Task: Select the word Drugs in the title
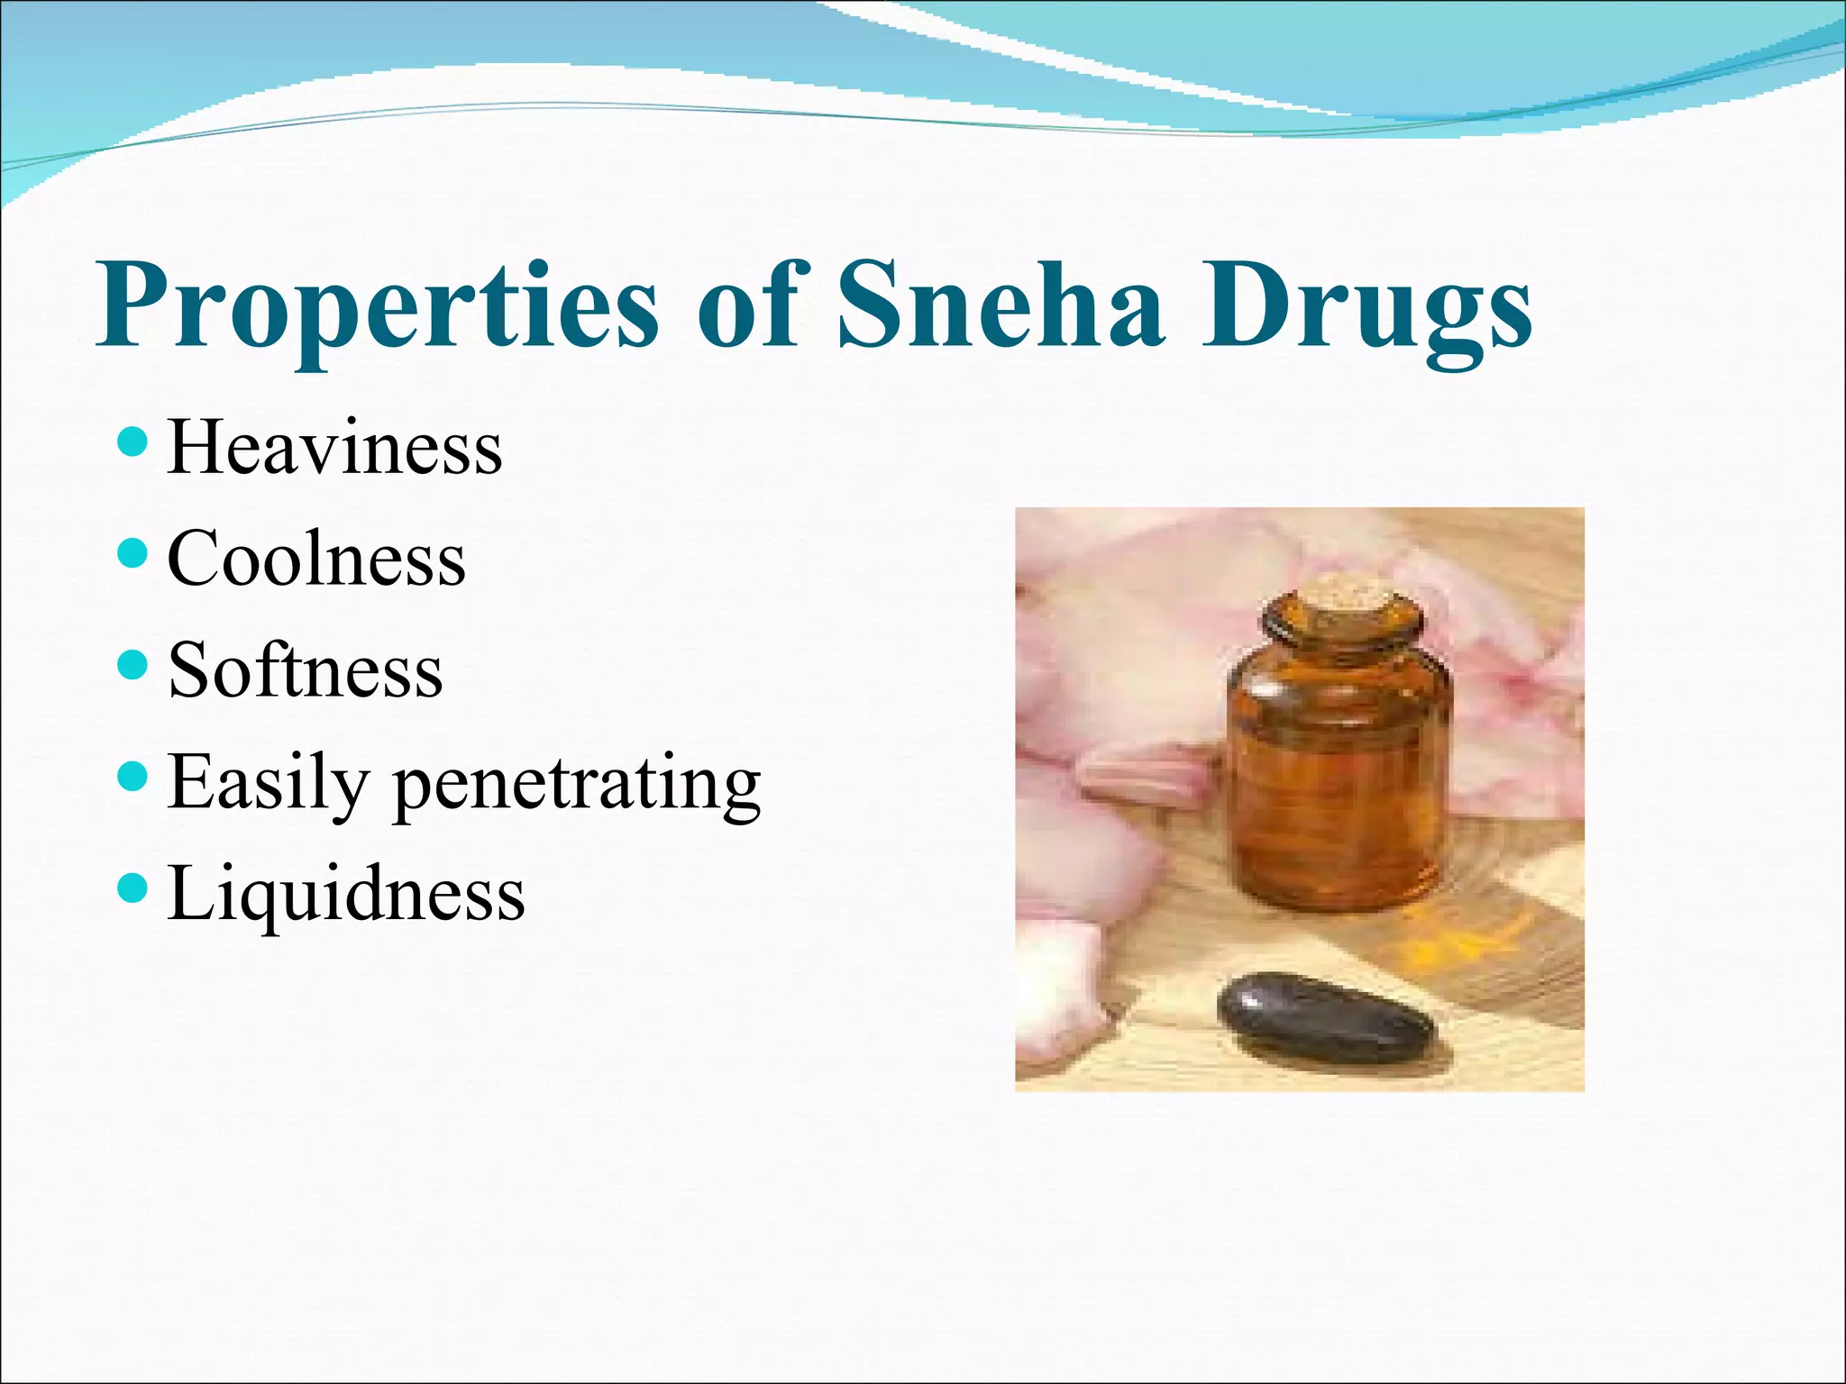coord(1366,306)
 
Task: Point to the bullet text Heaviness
coord(334,448)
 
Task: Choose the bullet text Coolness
coord(316,559)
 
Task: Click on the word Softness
coord(306,670)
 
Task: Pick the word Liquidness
coord(346,894)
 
